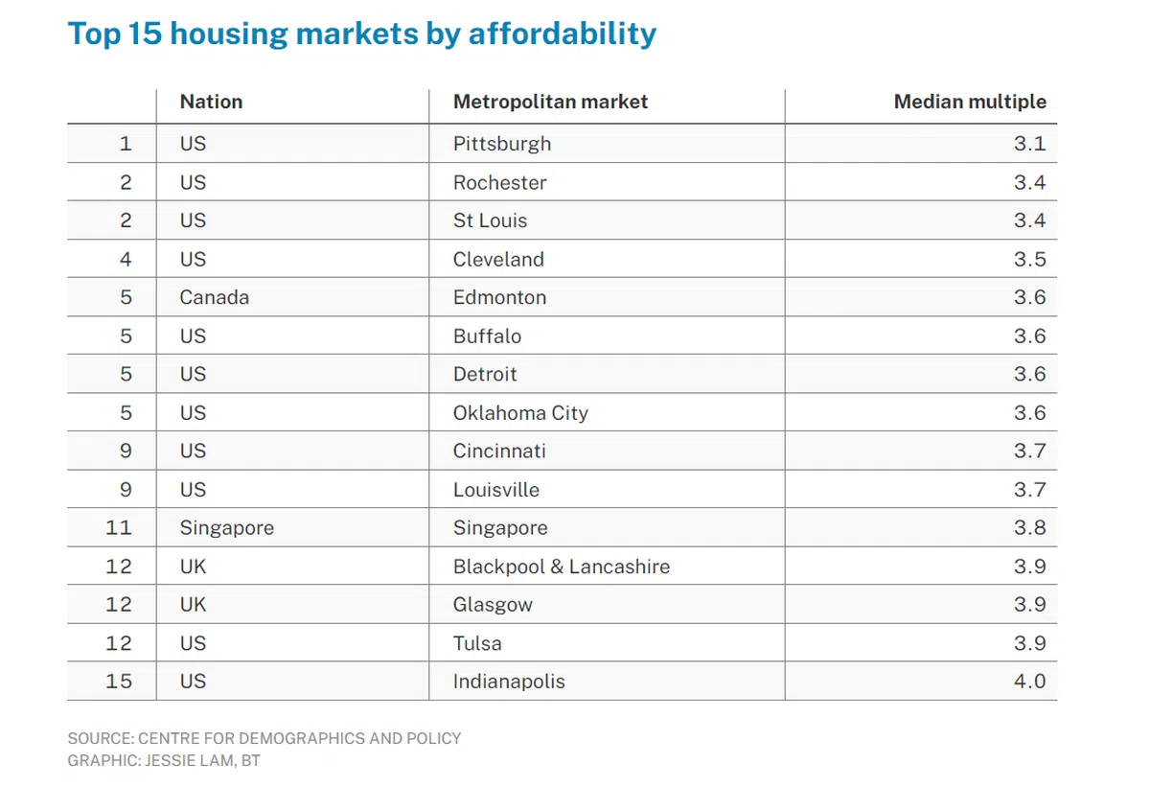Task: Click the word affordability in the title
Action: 563,34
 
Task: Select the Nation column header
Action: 211,102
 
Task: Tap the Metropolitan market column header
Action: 550,102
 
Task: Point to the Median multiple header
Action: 970,102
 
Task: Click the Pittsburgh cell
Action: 502,144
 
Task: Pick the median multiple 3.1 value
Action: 1030,144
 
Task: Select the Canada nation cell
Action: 214,297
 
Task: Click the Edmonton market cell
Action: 499,297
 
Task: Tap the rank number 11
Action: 119,527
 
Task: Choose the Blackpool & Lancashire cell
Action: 561,567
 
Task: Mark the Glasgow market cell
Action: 493,605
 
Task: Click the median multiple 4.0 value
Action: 1030,682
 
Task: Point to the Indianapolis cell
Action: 509,682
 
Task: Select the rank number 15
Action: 119,682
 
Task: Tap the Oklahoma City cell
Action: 520,413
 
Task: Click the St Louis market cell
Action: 490,220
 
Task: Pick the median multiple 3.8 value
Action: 1030,527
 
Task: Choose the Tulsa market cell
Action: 477,643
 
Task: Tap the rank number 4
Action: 126,259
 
